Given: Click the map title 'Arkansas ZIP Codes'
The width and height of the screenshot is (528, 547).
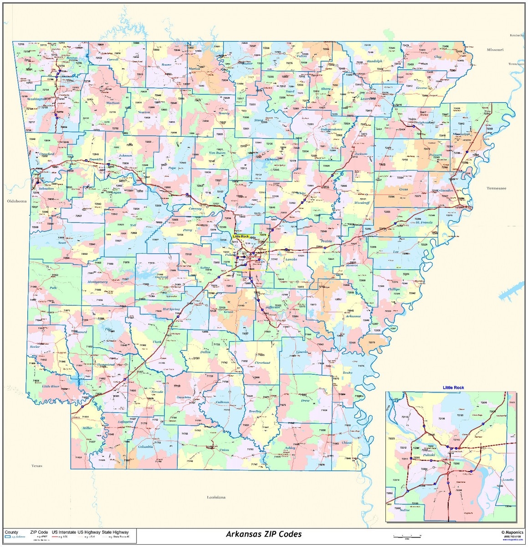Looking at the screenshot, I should click(x=264, y=534).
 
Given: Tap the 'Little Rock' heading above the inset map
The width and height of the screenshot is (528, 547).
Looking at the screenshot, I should click(x=453, y=387).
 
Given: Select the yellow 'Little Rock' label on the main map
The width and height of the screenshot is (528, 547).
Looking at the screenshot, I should click(x=241, y=237).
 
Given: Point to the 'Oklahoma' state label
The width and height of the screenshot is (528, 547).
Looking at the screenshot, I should click(x=16, y=201).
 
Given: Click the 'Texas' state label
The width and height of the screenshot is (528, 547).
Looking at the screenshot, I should click(x=37, y=466).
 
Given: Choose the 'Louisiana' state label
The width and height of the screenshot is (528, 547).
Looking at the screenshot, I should click(x=216, y=497).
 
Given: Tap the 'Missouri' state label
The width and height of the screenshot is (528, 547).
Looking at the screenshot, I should click(x=495, y=50).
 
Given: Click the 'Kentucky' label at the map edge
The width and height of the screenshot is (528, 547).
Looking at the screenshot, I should click(x=517, y=35).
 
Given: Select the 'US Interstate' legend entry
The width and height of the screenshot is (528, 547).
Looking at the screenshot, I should click(x=64, y=532).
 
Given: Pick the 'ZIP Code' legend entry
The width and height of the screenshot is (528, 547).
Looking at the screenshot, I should click(x=39, y=532).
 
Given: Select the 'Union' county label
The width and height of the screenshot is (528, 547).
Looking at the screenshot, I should click(x=224, y=450).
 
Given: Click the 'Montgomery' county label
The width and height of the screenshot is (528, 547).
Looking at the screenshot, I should click(x=97, y=282).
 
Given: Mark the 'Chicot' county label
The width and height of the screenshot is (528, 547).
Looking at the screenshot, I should click(x=347, y=443).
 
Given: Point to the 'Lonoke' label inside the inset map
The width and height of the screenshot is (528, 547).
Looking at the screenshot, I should click(x=507, y=480).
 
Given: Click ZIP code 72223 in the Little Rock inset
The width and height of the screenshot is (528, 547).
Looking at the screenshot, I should click(x=391, y=439).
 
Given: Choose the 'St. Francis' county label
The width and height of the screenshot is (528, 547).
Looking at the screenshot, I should click(x=423, y=222).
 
